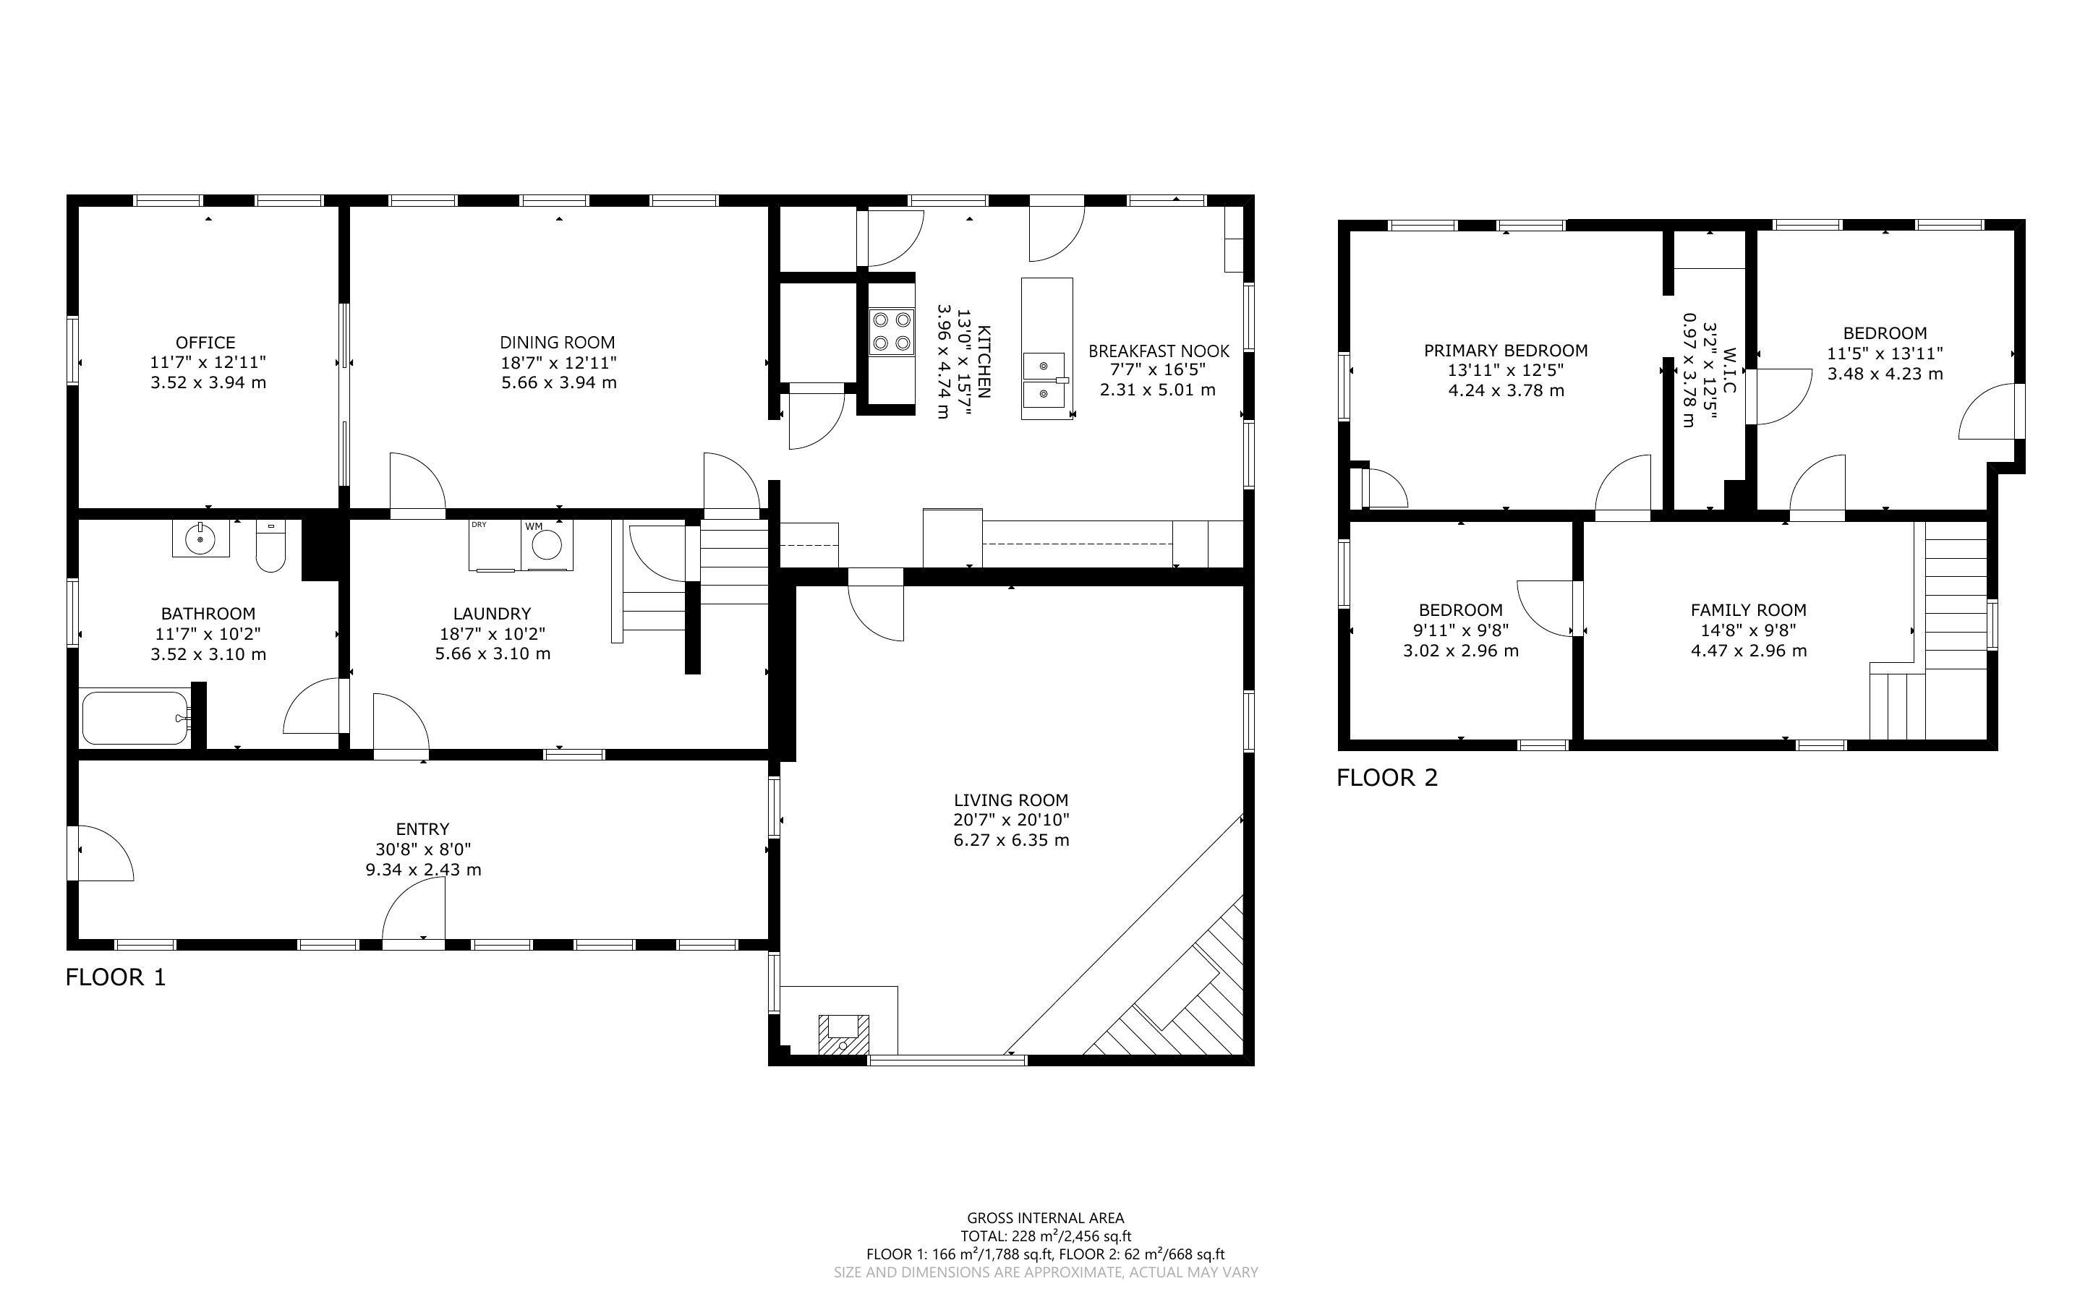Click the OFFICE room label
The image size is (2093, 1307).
pos(205,343)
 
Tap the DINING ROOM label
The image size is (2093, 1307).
pos(558,343)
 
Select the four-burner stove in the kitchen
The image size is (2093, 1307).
pos(891,332)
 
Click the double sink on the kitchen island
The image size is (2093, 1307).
pos(1046,380)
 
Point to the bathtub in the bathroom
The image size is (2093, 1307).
pos(136,716)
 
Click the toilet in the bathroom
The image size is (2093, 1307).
pos(270,547)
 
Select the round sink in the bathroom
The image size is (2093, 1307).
pos(200,539)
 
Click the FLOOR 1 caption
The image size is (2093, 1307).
pos(115,977)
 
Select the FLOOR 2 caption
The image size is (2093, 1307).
pos(1386,778)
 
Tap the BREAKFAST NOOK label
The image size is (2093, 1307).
pos(1159,351)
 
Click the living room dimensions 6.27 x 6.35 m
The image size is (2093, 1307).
pos(1012,840)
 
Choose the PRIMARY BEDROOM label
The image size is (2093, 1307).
pos(1506,350)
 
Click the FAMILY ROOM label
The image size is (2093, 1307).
pos(1749,610)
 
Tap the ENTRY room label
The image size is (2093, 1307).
pos(423,829)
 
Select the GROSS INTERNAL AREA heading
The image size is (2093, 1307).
pos(1045,1219)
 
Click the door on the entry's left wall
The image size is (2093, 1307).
pos(103,853)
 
